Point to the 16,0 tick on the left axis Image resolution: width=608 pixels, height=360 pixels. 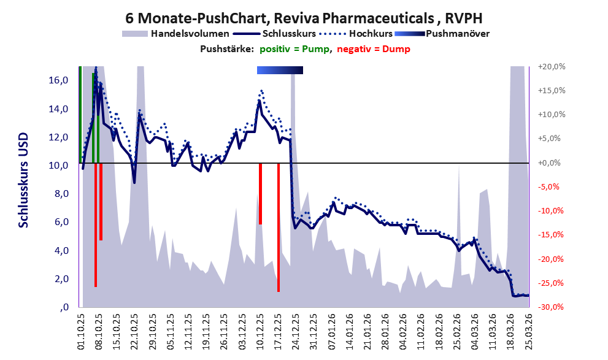coord(60,80)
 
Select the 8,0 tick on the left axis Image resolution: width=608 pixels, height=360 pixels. coord(61,194)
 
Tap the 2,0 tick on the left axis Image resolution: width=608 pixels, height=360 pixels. coord(61,279)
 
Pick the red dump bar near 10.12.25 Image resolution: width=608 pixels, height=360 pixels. coord(260,193)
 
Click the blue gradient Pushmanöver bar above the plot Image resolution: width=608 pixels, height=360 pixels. coord(280,71)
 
